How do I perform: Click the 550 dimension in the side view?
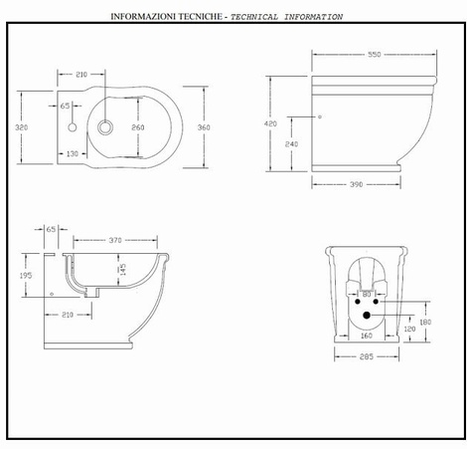375,55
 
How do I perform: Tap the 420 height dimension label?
270,123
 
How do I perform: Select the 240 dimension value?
291,144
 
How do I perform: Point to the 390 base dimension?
357,184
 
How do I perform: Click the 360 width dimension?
204,127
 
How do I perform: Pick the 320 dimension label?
22,127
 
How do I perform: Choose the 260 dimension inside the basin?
138,127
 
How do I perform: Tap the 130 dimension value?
73,153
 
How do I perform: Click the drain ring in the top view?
105,127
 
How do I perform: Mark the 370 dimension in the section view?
115,240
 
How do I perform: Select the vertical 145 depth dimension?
122,269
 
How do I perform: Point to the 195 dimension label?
26,276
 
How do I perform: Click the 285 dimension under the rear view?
367,356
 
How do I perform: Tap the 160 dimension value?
367,336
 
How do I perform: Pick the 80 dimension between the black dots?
367,295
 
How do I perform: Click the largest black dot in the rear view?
367,315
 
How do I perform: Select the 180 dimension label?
425,322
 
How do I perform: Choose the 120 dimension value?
409,329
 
